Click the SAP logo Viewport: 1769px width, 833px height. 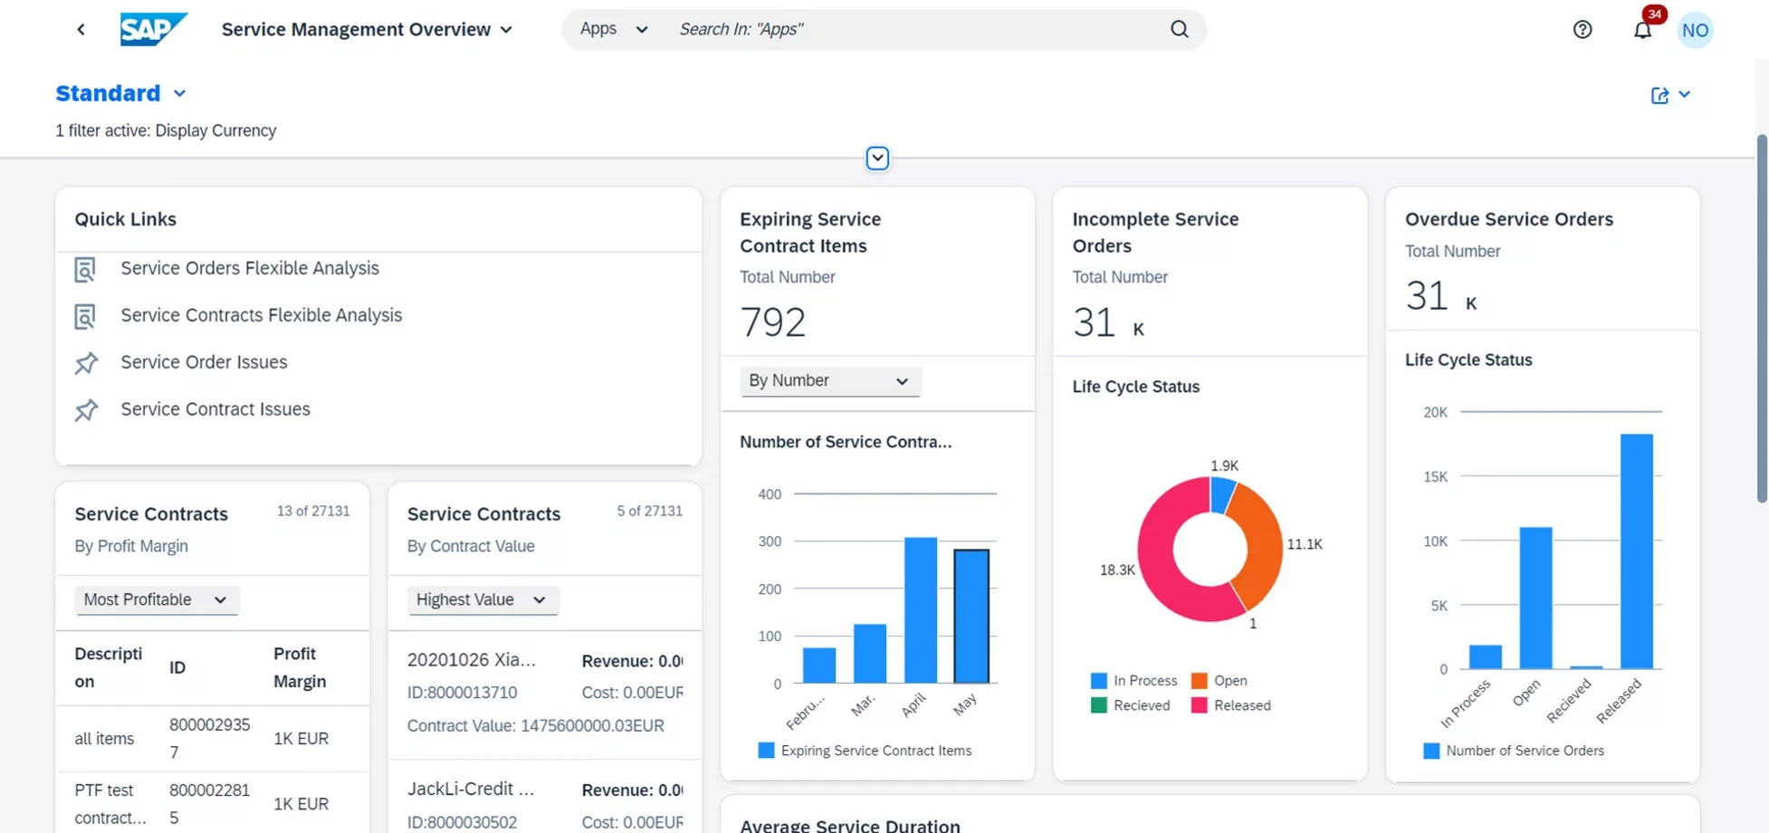tap(153, 29)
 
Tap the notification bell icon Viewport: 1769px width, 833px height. tap(1642, 30)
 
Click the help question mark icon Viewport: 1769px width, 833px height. tap(1582, 30)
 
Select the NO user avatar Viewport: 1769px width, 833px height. tap(1695, 30)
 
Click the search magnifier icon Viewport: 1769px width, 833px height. tap(1179, 29)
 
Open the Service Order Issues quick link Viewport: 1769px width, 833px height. tap(204, 362)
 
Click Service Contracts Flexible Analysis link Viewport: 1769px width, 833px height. tap(261, 315)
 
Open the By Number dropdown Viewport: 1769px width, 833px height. tap(829, 381)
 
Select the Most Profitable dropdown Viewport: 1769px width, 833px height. tap(156, 599)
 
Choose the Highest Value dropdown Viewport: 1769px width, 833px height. tap(482, 599)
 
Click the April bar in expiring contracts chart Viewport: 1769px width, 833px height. tap(921, 610)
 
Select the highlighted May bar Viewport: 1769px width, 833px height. tap(971, 616)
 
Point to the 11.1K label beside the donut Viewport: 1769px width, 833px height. tap(1304, 544)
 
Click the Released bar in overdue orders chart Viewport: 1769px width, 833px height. tap(1636, 552)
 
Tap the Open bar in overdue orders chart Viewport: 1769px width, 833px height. tap(1535, 598)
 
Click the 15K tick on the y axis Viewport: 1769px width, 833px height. tap(1435, 477)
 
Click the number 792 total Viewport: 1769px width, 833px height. tap(772, 321)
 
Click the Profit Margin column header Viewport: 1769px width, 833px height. tap(300, 667)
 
